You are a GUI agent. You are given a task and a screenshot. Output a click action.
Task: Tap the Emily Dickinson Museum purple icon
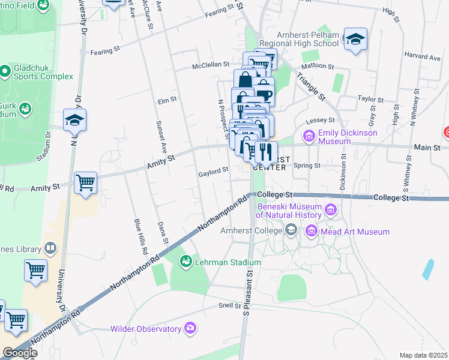click(310, 136)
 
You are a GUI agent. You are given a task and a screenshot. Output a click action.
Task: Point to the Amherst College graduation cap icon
click(291, 229)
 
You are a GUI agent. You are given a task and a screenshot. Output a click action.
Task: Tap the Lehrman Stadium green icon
click(185, 262)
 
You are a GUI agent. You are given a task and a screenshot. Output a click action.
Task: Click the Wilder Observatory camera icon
click(190, 328)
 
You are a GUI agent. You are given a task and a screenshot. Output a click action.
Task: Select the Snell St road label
click(229, 306)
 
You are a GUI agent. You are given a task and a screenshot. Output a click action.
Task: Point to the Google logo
click(20, 353)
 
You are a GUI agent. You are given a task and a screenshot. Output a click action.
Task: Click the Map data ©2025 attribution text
click(423, 355)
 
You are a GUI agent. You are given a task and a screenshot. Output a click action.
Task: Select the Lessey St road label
click(318, 121)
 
